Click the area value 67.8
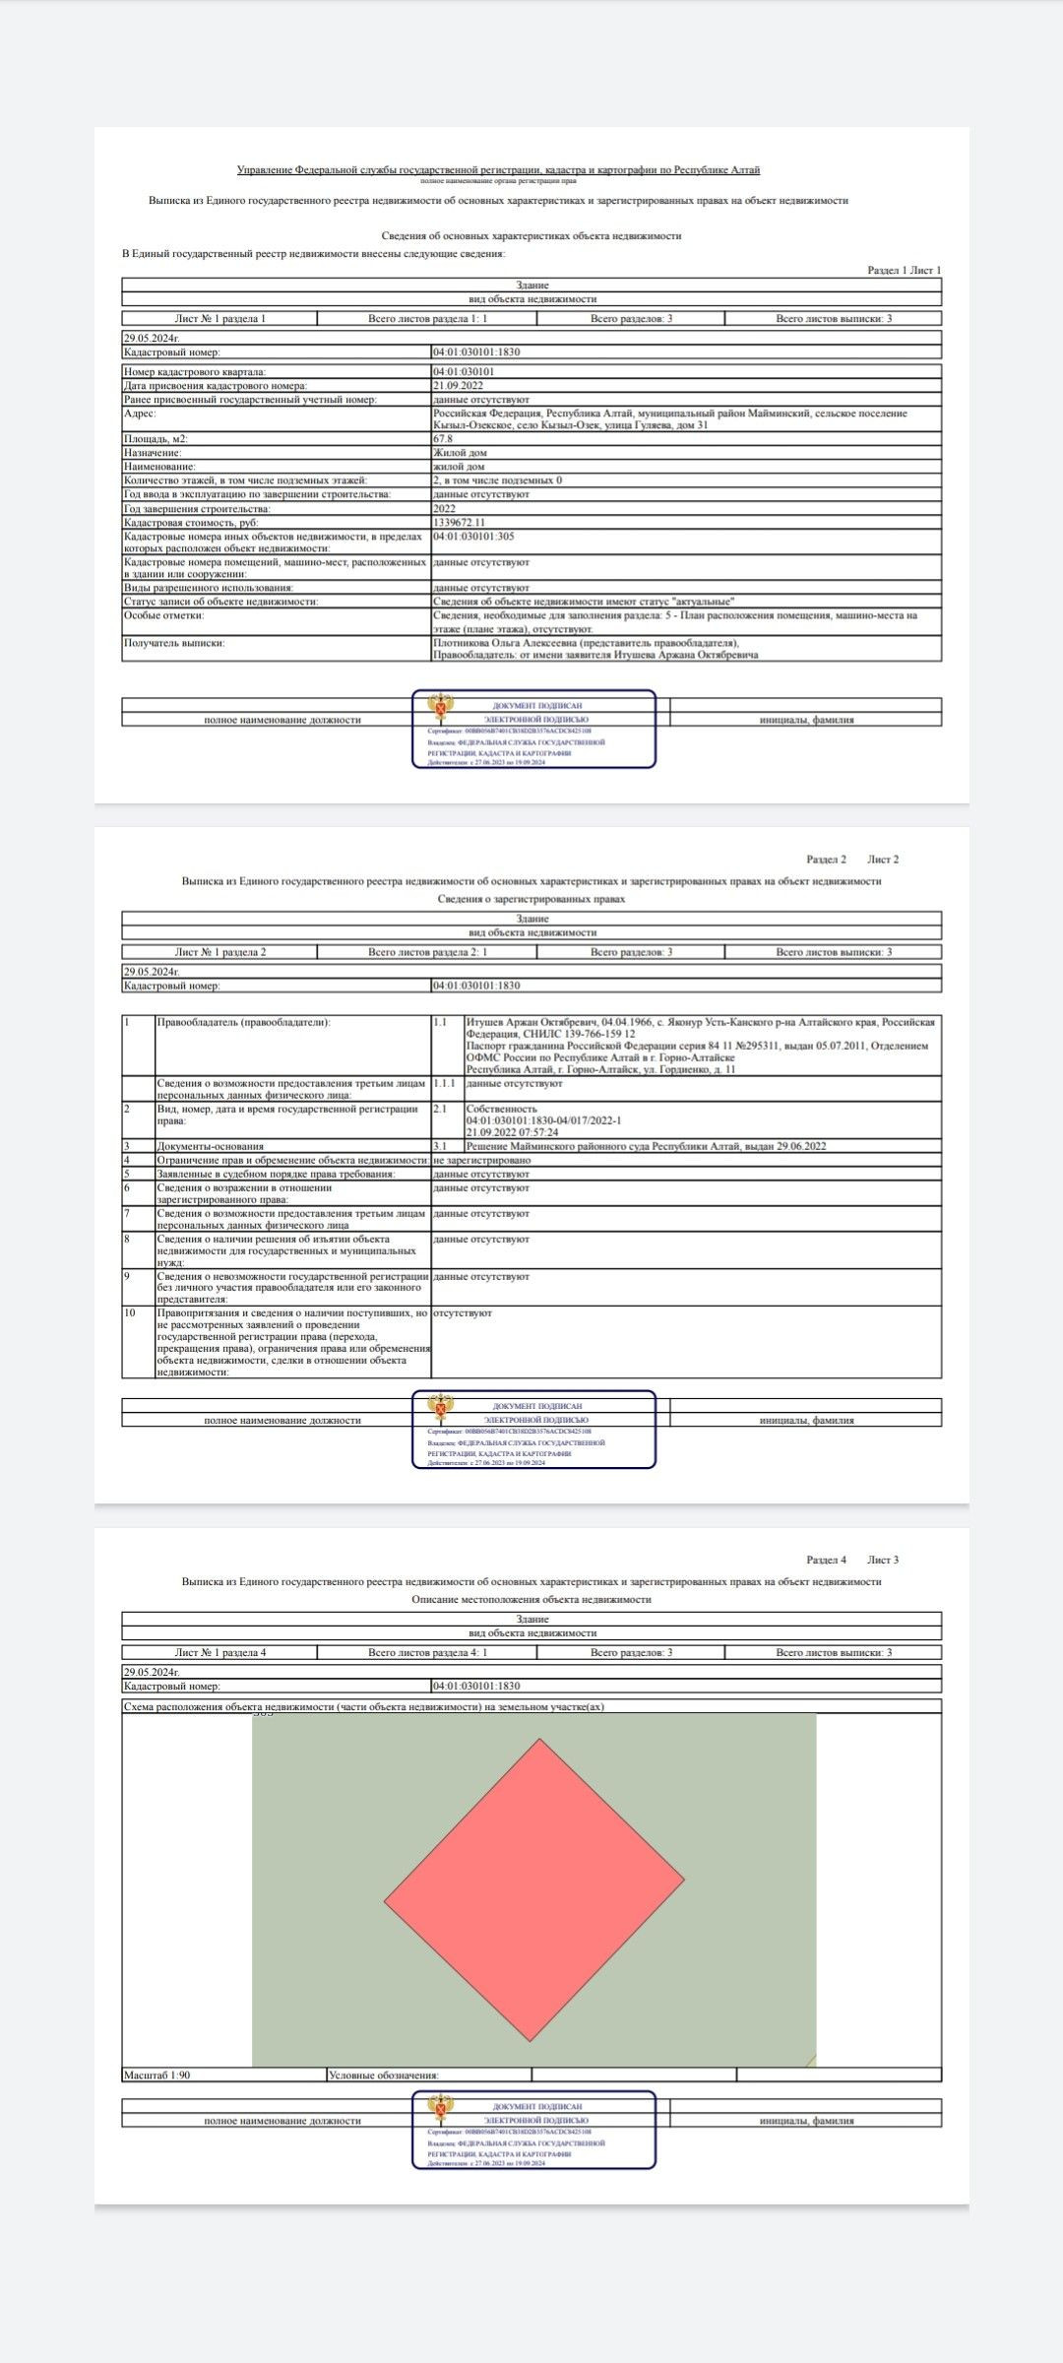(443, 439)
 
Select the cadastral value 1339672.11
(459, 523)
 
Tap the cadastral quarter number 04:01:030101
(464, 372)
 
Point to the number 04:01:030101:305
(473, 537)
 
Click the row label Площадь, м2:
(156, 439)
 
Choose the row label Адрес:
(140, 414)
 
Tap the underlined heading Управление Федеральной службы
(498, 170)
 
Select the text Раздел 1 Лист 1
(904, 270)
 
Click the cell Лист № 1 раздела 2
(220, 952)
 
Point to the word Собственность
(502, 1109)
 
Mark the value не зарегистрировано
(481, 1160)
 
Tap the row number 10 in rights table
(130, 1312)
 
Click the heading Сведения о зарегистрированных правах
(531, 899)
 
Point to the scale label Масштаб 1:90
(156, 2075)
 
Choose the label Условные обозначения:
(383, 2075)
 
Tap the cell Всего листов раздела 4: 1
(427, 1652)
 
